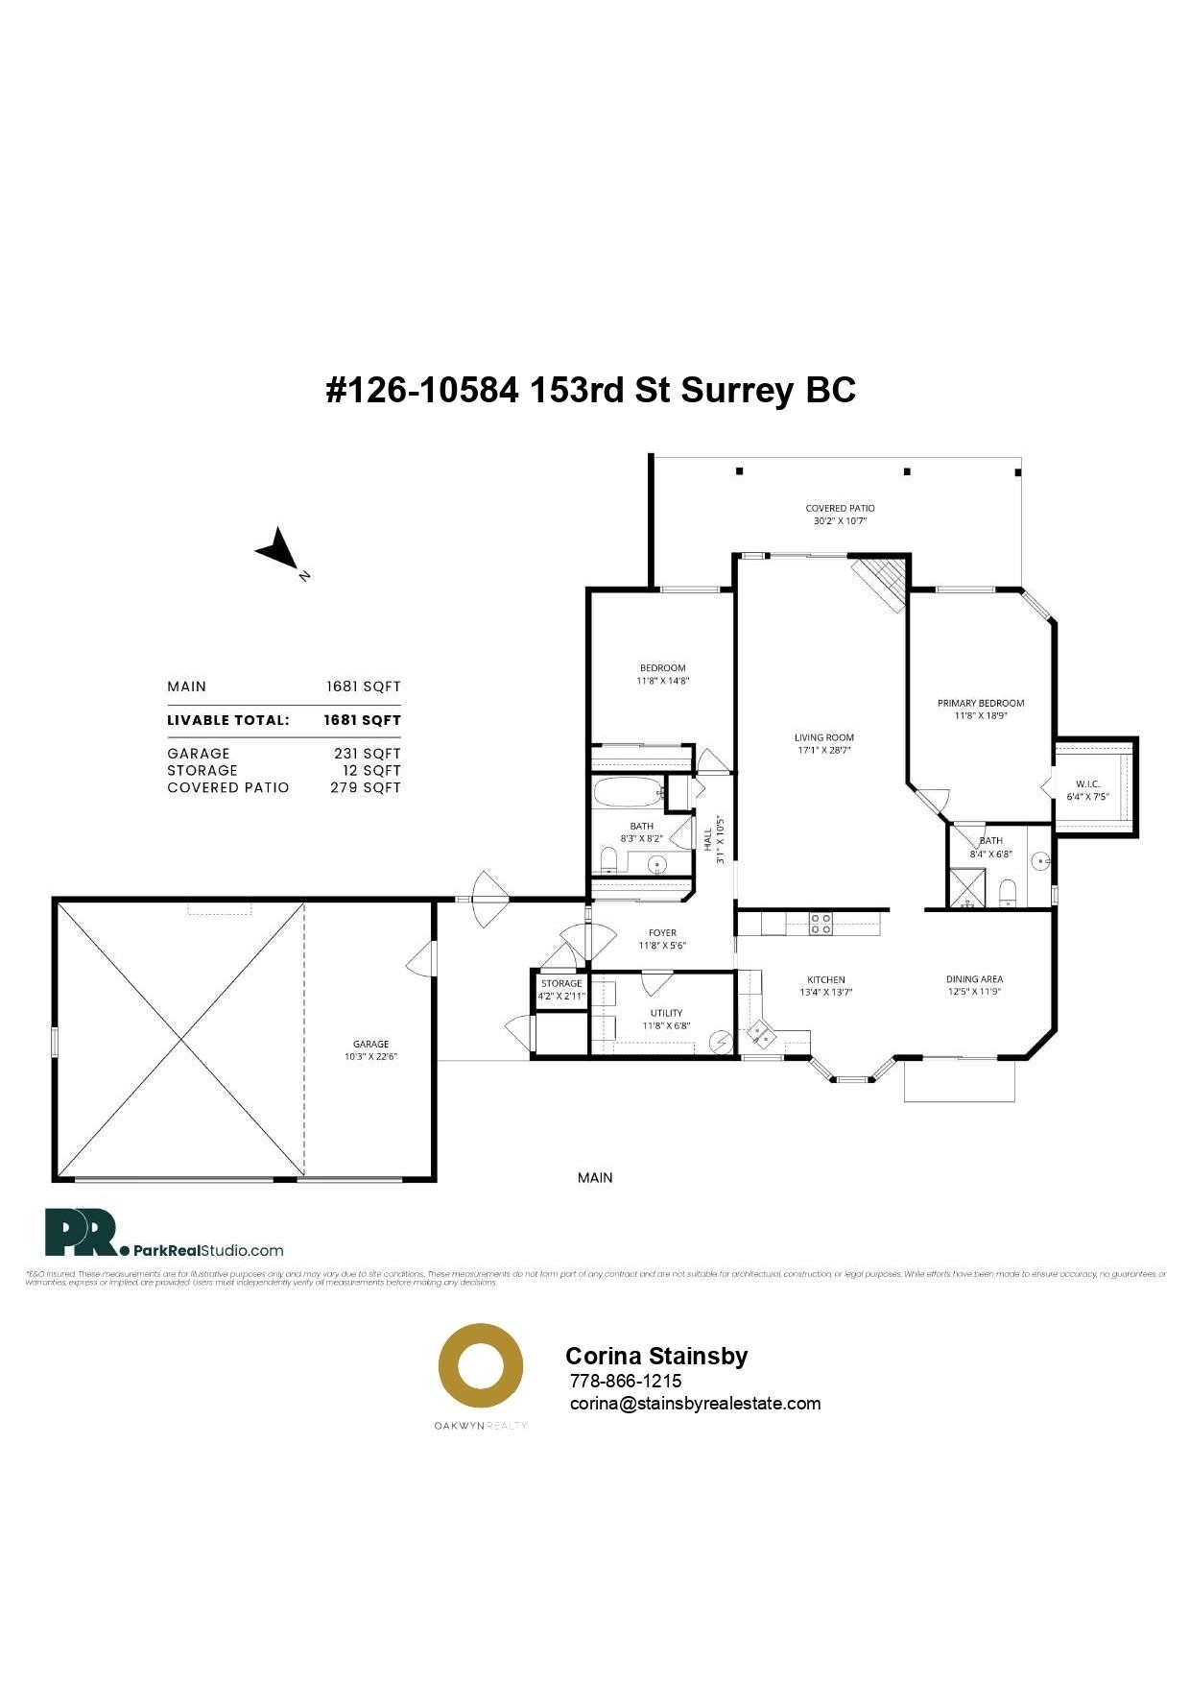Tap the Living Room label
823,737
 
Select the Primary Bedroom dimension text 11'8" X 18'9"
981,716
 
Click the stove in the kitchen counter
821,924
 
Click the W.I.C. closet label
1087,783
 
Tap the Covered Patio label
840,508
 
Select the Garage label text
370,1044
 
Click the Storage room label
561,983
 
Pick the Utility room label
666,1013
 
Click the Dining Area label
974,979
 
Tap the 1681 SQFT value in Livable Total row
362,720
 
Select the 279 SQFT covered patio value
365,787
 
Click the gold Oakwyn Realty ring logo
481,1365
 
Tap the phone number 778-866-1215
626,1381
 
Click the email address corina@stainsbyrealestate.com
695,1403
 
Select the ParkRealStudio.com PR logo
81,1233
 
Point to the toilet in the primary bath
1007,894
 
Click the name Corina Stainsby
656,1356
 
